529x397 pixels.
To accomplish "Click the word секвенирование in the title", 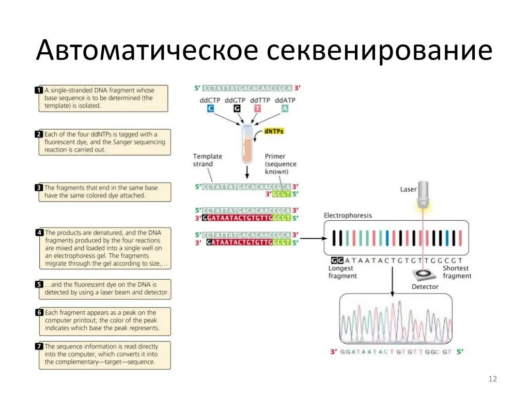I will [379, 51].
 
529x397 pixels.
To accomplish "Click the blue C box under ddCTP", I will [210, 109].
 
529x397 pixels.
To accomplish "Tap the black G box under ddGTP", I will [237, 109].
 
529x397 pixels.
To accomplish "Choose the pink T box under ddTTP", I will [258, 109].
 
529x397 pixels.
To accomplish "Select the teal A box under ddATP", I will [285, 109].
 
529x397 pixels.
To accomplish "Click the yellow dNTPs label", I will [274, 131].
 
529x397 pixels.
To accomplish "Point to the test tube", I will [247, 145].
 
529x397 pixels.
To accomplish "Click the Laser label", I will [408, 190].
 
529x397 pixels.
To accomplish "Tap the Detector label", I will [425, 286].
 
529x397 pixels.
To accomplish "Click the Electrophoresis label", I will [347, 215].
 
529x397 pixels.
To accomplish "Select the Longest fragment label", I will [342, 272].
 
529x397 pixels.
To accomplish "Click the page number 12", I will [492, 379].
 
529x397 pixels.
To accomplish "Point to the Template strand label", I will [207, 160].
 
